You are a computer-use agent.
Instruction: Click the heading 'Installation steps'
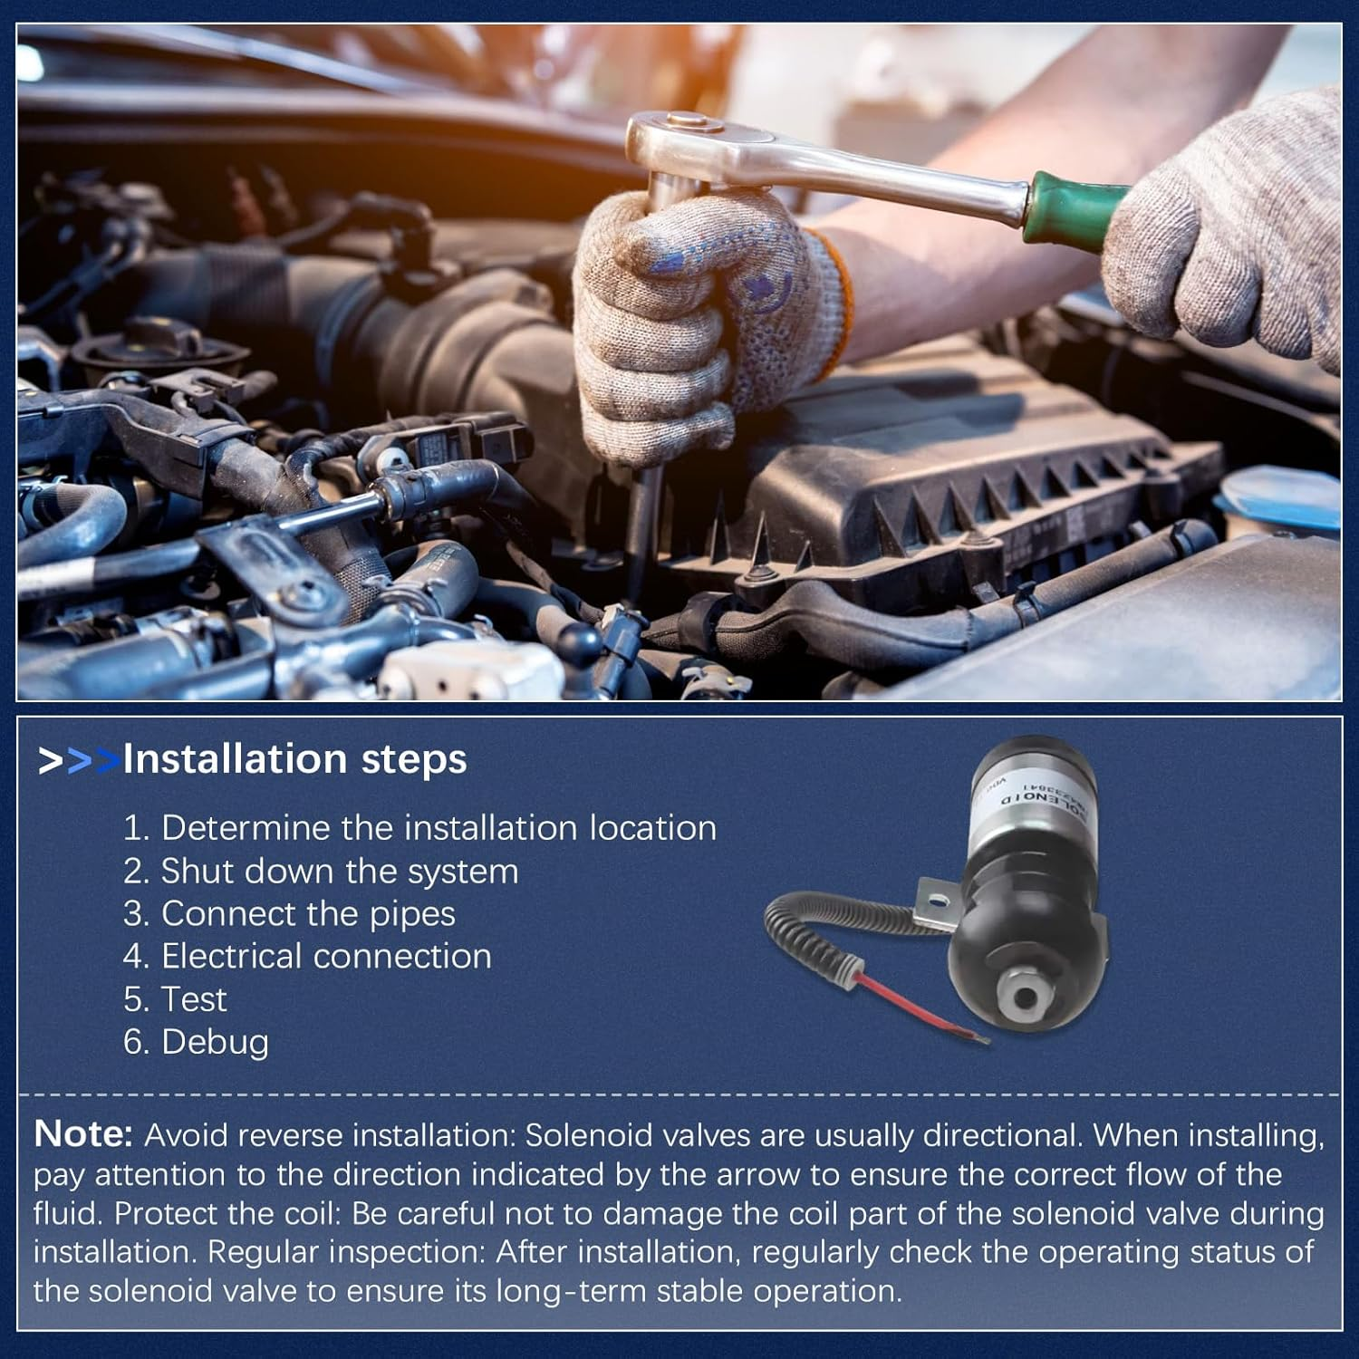click(x=294, y=759)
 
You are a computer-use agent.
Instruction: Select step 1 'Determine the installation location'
click(x=419, y=828)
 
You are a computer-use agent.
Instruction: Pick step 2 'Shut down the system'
click(x=321, y=872)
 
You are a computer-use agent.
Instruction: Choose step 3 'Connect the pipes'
click(x=289, y=914)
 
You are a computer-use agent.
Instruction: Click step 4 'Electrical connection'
click(x=307, y=957)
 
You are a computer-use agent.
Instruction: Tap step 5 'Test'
click(x=175, y=999)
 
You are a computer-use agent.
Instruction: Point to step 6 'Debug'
click(x=196, y=1042)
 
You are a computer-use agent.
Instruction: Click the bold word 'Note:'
click(x=83, y=1134)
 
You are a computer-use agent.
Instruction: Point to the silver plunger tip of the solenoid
click(x=1026, y=997)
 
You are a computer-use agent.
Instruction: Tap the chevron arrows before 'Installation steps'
click(x=78, y=761)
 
